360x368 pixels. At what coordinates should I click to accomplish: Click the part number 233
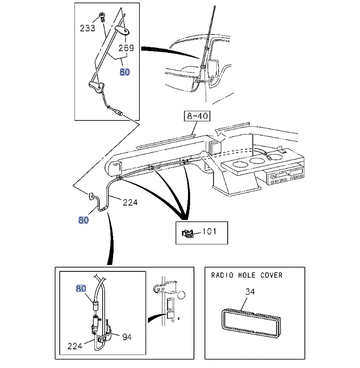(x=88, y=28)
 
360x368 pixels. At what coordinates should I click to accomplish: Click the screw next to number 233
(x=102, y=17)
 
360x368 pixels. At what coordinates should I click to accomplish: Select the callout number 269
(x=126, y=48)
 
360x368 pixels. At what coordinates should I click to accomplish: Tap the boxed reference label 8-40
(x=197, y=116)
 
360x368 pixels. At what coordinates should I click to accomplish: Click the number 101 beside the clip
(x=209, y=231)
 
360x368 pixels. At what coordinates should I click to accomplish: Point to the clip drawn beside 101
(x=188, y=233)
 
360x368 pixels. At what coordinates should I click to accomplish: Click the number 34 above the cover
(x=250, y=291)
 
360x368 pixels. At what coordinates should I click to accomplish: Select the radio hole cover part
(x=251, y=324)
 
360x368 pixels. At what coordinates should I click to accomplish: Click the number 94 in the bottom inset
(x=127, y=337)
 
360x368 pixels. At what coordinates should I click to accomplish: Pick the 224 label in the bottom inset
(x=75, y=346)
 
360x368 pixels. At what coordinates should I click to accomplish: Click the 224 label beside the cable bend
(x=130, y=202)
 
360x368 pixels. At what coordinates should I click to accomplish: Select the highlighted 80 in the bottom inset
(x=81, y=288)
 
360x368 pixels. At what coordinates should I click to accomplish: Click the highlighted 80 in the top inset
(x=125, y=72)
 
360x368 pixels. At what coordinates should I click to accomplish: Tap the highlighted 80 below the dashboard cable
(x=83, y=220)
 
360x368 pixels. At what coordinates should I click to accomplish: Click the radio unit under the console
(x=285, y=176)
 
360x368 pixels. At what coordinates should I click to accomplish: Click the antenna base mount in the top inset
(x=97, y=86)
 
